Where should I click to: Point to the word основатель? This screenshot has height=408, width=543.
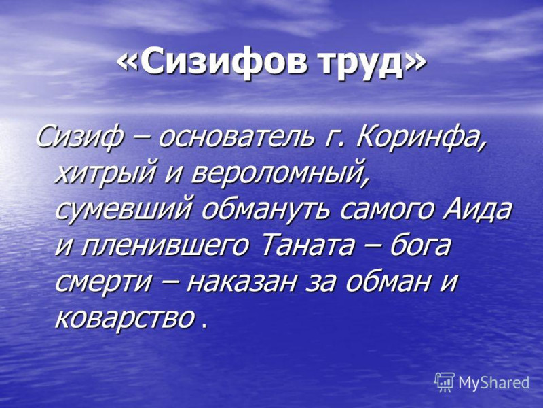click(x=236, y=138)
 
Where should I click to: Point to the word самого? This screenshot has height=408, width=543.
click(x=383, y=211)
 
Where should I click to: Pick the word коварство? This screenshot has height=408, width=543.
click(x=124, y=317)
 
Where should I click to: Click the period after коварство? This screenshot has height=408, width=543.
click(x=204, y=326)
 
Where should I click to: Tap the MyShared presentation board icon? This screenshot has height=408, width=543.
click(x=445, y=382)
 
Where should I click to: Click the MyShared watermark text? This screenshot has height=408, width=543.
click(x=494, y=383)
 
